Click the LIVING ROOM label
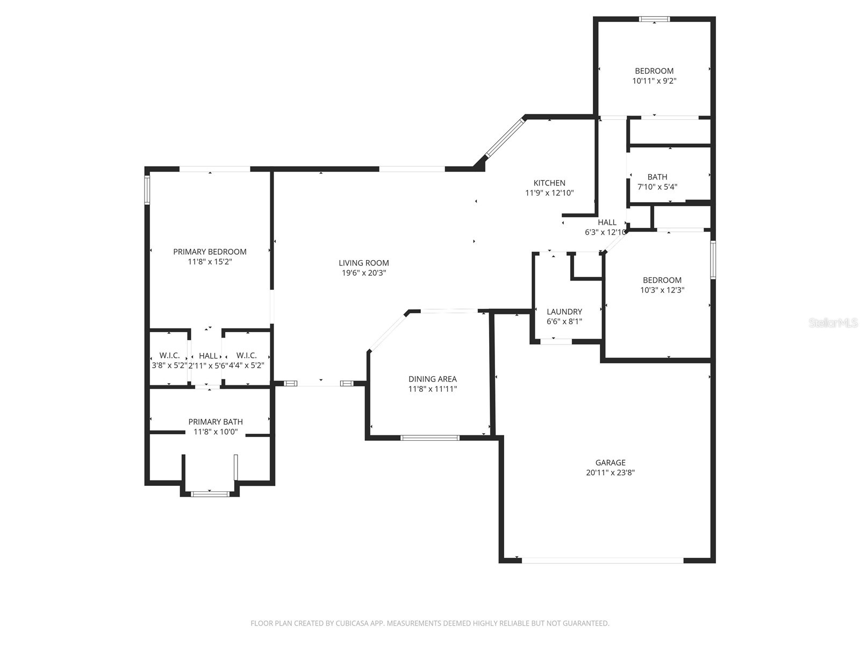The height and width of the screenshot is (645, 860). (x=364, y=263)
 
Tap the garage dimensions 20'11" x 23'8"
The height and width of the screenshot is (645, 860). (x=610, y=473)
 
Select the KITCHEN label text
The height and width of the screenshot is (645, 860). (x=549, y=183)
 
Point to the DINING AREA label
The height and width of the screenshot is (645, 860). (x=432, y=379)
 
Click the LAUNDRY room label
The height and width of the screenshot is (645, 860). (x=564, y=312)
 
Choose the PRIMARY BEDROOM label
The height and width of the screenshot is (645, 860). (x=210, y=252)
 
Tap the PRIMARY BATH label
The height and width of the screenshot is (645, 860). (x=215, y=422)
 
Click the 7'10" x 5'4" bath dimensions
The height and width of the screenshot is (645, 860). (x=657, y=187)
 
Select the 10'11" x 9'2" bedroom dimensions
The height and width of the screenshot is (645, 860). (x=654, y=81)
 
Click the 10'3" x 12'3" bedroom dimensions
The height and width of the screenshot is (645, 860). (x=662, y=290)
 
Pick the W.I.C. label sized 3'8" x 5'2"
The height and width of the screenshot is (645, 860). (x=169, y=356)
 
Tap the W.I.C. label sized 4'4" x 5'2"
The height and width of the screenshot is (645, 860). (x=246, y=356)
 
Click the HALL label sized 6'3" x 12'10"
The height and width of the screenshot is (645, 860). (x=607, y=223)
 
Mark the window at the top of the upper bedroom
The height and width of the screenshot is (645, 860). (x=654, y=19)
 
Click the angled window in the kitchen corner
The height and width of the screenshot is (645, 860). (x=504, y=138)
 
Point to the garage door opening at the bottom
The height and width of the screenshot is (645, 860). (x=602, y=560)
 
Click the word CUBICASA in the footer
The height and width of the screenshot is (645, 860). (x=352, y=623)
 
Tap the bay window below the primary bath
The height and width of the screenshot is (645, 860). (x=210, y=492)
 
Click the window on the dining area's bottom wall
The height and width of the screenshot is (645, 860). (x=430, y=438)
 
